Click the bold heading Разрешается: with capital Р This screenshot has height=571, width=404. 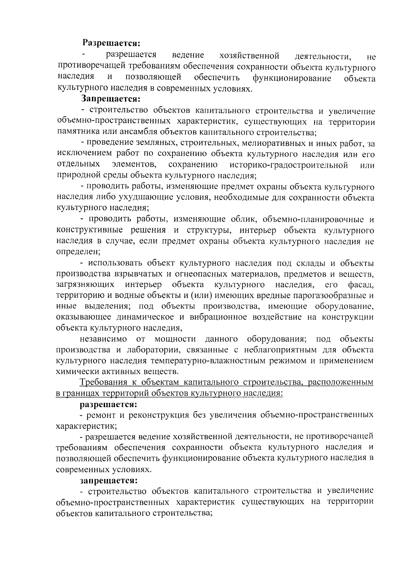tap(111, 43)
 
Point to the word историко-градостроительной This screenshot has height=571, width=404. tap(289, 165)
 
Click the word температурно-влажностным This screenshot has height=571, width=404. tap(201, 361)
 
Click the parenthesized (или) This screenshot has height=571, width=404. tap(201, 296)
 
